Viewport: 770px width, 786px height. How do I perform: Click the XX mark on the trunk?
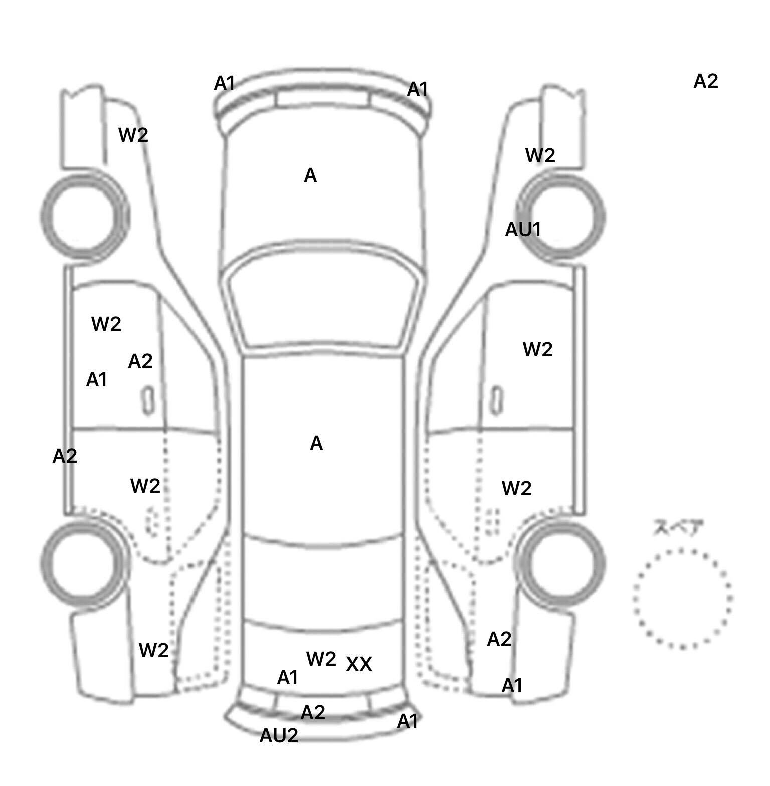tap(359, 664)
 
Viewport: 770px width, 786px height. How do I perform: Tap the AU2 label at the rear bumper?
tap(279, 736)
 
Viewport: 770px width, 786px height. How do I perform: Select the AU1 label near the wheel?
tap(523, 230)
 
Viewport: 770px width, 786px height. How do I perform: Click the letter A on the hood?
tap(310, 176)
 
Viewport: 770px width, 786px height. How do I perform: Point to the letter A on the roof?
tap(316, 444)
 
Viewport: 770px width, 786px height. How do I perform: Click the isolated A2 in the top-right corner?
tap(706, 81)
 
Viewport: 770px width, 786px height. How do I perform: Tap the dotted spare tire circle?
tap(682, 599)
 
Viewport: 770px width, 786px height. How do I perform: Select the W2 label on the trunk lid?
tap(321, 659)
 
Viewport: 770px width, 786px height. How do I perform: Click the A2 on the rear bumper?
tap(313, 712)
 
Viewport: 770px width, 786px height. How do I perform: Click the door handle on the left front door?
tap(148, 400)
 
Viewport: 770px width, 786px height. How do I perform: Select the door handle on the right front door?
tap(496, 400)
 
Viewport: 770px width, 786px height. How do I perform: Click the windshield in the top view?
tap(323, 301)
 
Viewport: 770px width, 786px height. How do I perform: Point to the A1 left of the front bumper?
tap(224, 84)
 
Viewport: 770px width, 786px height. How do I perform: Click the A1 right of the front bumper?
tap(418, 90)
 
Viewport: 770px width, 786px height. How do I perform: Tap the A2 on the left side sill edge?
tap(65, 456)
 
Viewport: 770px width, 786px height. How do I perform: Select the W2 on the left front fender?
tap(133, 135)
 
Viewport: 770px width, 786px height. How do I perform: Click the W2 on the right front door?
tap(537, 349)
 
